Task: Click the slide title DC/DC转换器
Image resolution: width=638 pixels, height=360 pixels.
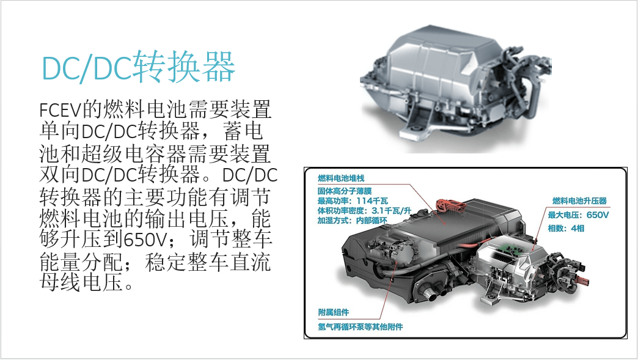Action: (139, 67)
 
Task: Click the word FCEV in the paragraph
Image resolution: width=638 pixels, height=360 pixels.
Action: (61, 110)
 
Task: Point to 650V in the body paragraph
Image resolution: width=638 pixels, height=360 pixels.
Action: (145, 239)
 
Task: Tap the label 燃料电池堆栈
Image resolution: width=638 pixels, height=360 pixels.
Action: (341, 178)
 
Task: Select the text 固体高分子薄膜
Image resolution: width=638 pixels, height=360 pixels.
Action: (345, 191)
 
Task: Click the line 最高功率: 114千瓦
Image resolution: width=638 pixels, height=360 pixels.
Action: (353, 200)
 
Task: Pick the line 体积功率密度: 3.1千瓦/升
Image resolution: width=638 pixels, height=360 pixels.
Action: (365, 211)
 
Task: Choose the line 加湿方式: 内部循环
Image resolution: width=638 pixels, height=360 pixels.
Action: (353, 221)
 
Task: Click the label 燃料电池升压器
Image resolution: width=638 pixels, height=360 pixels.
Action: (579, 201)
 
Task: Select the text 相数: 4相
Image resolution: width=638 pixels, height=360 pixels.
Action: (566, 228)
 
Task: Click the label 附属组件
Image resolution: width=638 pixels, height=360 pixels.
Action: (333, 312)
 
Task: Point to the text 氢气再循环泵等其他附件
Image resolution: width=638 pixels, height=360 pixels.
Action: (360, 326)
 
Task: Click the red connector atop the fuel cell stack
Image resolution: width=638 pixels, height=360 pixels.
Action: (449, 205)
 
